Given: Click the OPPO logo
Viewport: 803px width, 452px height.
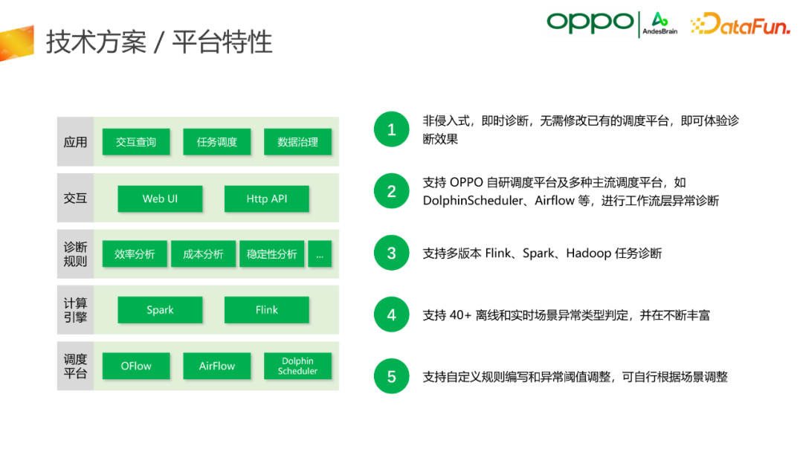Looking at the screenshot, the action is pyautogui.click(x=590, y=23).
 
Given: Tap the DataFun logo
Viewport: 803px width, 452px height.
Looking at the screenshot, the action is pyautogui.click(x=741, y=24).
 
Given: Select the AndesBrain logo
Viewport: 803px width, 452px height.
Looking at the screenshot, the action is pyautogui.click(x=660, y=24).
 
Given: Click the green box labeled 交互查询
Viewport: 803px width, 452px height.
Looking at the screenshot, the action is pyautogui.click(x=136, y=142).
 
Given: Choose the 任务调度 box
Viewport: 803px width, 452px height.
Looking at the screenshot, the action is pyautogui.click(x=216, y=142).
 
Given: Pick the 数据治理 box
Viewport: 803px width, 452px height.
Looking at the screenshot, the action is pyautogui.click(x=297, y=142).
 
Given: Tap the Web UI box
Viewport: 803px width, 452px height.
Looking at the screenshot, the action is pyautogui.click(x=160, y=198).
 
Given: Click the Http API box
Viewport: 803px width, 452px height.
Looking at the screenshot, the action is pyautogui.click(x=266, y=198).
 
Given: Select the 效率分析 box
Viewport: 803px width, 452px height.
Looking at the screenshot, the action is pyautogui.click(x=135, y=254).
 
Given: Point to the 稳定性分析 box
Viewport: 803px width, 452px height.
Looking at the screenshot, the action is pyautogui.click(x=272, y=254).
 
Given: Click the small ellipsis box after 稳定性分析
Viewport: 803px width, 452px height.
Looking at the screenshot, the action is pyautogui.click(x=320, y=254).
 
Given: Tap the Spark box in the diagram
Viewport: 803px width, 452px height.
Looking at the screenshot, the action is pyautogui.click(x=160, y=310).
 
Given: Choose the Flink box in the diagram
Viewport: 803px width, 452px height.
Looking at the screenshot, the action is pyautogui.click(x=266, y=310).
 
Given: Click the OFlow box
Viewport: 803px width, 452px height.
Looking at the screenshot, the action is pyautogui.click(x=136, y=366).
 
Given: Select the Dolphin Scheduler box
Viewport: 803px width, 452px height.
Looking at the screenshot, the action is pyautogui.click(x=297, y=366).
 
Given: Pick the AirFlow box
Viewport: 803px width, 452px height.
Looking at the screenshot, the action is pyautogui.click(x=216, y=366).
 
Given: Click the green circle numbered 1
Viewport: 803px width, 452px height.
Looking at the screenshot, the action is pyautogui.click(x=391, y=129).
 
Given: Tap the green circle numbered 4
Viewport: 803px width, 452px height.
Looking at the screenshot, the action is pyautogui.click(x=391, y=314).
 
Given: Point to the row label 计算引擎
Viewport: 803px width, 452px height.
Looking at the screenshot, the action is pyautogui.click(x=75, y=310).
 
